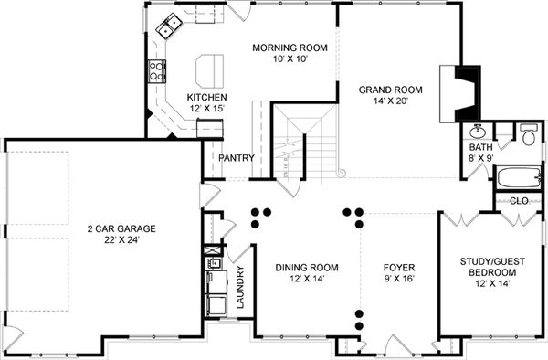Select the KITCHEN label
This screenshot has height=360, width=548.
click(206, 98)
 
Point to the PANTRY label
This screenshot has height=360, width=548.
click(237, 158)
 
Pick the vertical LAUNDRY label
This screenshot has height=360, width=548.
click(240, 289)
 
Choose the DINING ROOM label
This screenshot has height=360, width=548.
click(307, 268)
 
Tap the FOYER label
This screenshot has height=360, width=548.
click(399, 268)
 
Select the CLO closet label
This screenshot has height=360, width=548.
click(518, 200)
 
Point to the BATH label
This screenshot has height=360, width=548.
click(480, 147)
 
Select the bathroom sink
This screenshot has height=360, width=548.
click(478, 131)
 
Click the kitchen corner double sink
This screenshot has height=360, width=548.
click(168, 30)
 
